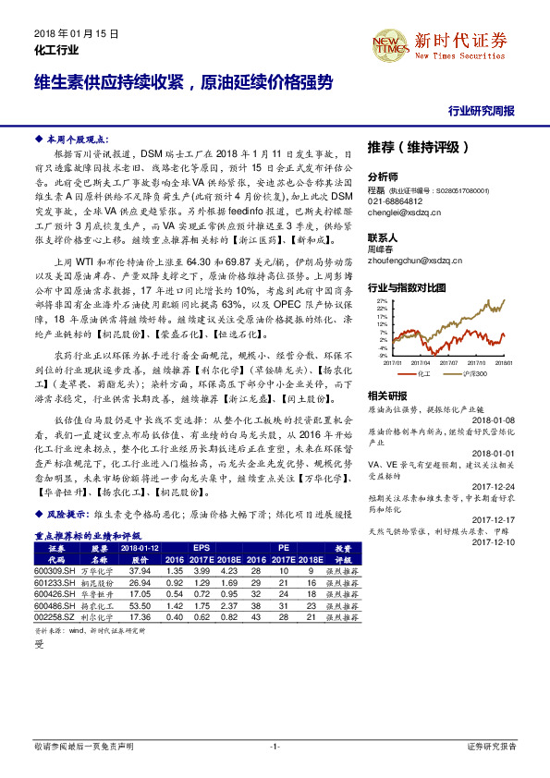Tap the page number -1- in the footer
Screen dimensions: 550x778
tap(275, 746)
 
